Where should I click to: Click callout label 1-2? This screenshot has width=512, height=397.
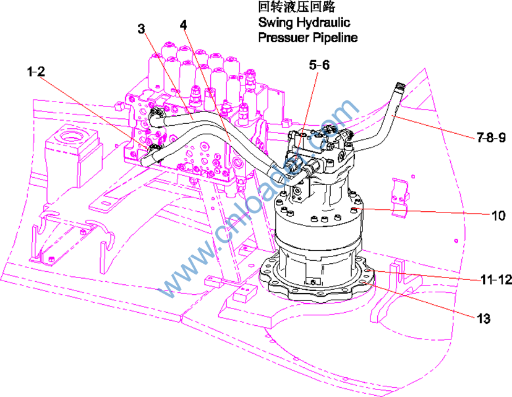(36, 71)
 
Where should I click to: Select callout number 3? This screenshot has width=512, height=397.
(142, 28)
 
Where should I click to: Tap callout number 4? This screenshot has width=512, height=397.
(184, 25)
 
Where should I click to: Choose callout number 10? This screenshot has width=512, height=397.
(498, 216)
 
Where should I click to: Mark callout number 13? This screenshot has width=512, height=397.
(484, 319)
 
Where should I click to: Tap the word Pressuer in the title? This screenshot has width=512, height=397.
(283, 38)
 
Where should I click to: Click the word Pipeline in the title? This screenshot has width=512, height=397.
(334, 38)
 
